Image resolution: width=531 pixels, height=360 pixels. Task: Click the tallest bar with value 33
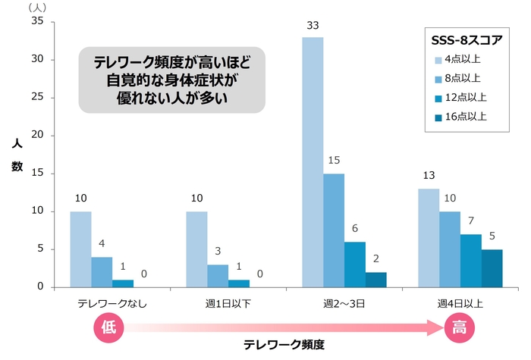(313, 162)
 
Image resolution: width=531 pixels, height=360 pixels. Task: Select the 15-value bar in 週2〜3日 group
(334, 230)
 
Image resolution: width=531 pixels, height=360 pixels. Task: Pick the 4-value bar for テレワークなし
(102, 272)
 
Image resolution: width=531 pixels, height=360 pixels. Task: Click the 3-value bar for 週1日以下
(218, 276)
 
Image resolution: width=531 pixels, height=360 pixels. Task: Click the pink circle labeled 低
(108, 327)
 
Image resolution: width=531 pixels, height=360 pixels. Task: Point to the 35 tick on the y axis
(37, 21)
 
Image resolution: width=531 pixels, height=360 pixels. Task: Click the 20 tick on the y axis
(37, 136)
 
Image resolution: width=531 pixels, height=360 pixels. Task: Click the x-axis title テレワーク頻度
(284, 345)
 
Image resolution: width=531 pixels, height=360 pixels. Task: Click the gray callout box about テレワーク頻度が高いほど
(172, 80)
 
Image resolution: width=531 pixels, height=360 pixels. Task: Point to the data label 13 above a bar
(428, 176)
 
